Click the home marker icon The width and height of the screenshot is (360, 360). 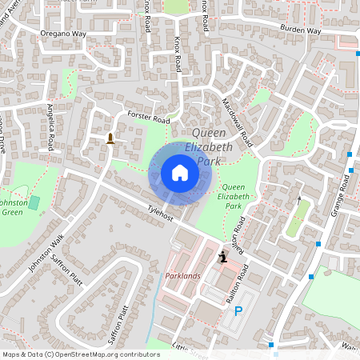(x=179, y=173)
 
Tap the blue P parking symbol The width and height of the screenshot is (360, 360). (x=238, y=310)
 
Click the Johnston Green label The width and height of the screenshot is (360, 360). (x=14, y=207)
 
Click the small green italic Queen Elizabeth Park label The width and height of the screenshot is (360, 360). (x=233, y=196)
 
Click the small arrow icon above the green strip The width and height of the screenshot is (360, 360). (x=300, y=200)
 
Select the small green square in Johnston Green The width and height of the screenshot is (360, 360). (x=34, y=203)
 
